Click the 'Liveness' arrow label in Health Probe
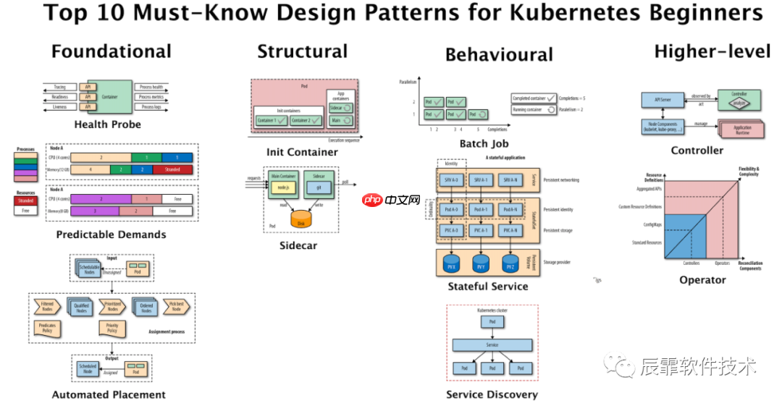pos(59,107)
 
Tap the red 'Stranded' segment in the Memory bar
pos(172,169)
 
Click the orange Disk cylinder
pos(302,219)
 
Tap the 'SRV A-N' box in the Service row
pos(510,180)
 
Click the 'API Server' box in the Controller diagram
pos(657,98)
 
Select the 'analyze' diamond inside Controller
pos(738,103)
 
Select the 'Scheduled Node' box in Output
pos(88,368)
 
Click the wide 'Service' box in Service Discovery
pos(492,345)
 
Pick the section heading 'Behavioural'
pos(499,55)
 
